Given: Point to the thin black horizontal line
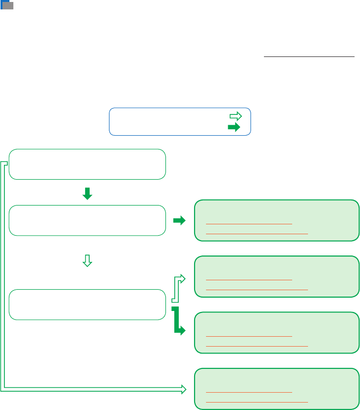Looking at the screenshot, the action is pos(309,56).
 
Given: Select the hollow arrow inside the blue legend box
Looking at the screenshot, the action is pos(235,116).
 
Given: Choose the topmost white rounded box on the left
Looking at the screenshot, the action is pos(87,164).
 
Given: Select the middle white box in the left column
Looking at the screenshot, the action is pos(87,220).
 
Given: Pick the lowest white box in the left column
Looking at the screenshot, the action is pos(87,305).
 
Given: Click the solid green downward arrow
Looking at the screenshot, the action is pos(87,193).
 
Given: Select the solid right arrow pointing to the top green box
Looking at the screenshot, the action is pos(179,221).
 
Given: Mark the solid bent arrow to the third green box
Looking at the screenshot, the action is pos(178,322).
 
